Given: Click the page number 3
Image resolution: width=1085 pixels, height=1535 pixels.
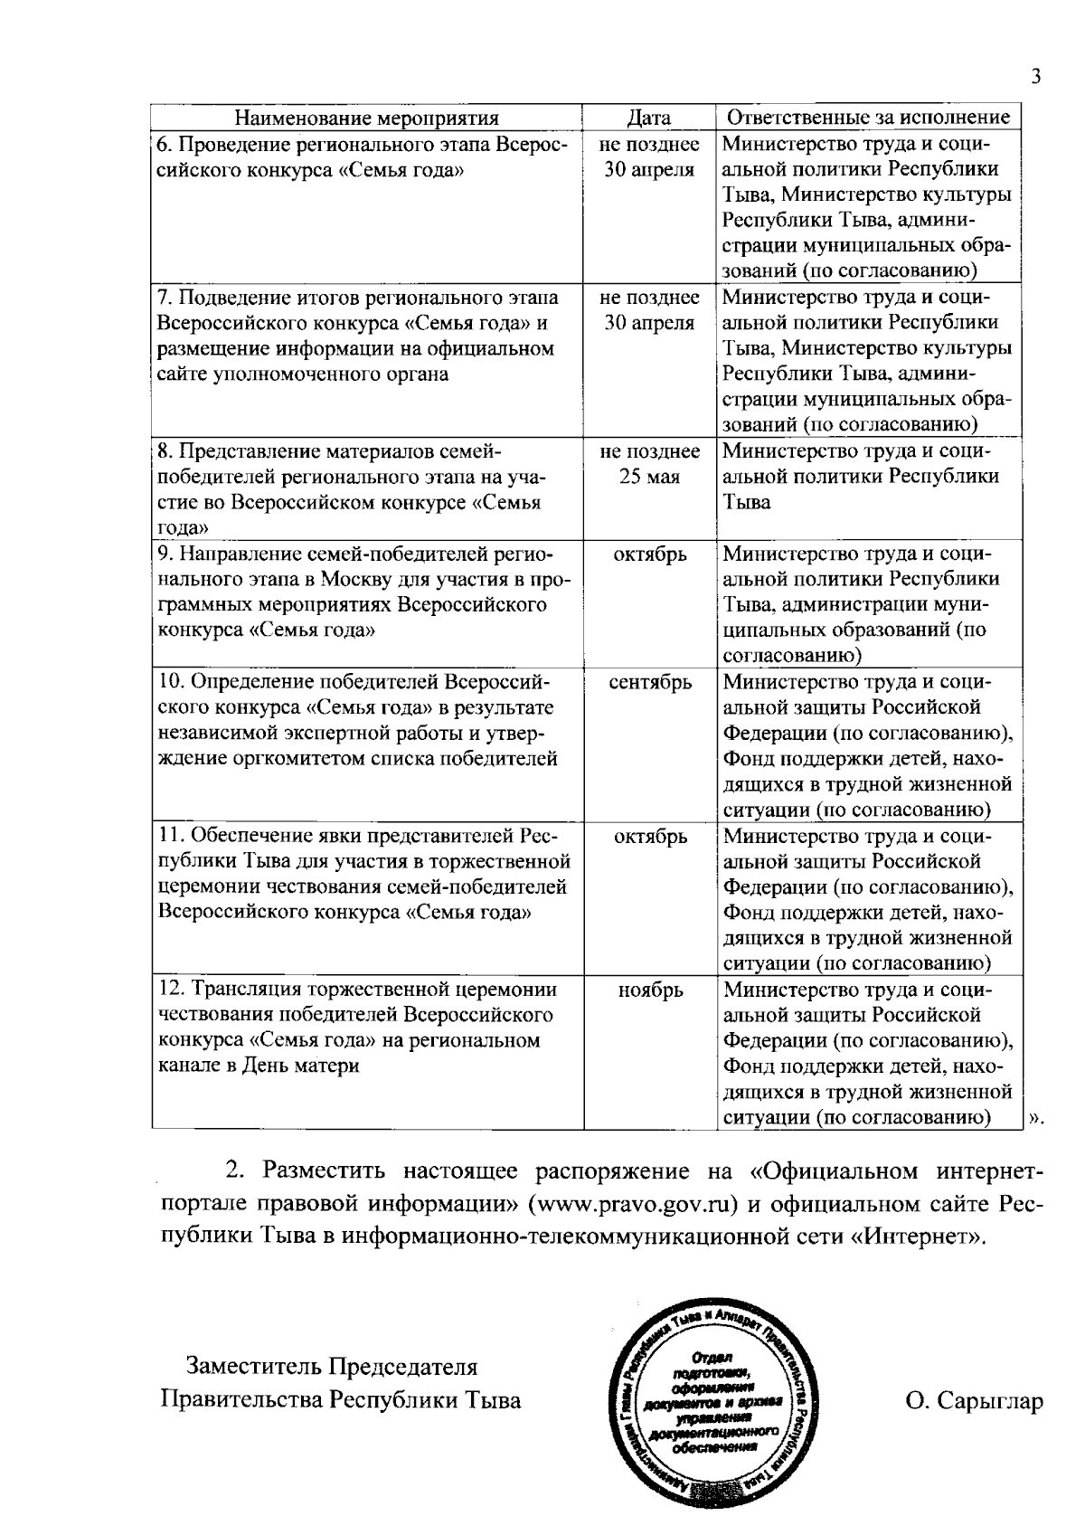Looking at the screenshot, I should [1036, 77].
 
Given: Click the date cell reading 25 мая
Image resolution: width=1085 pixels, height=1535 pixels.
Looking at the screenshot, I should [649, 478].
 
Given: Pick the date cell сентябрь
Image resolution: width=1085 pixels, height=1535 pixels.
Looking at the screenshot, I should [650, 683].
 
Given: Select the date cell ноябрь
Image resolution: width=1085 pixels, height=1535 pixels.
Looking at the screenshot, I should [650, 990].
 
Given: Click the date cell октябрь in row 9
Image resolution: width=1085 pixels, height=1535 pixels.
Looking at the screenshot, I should [650, 554].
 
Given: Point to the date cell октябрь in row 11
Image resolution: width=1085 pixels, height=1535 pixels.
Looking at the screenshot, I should [650, 837].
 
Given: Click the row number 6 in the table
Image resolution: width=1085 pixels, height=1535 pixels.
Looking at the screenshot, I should [164, 145].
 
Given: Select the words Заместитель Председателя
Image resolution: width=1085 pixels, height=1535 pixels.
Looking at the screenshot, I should [332, 1367].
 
